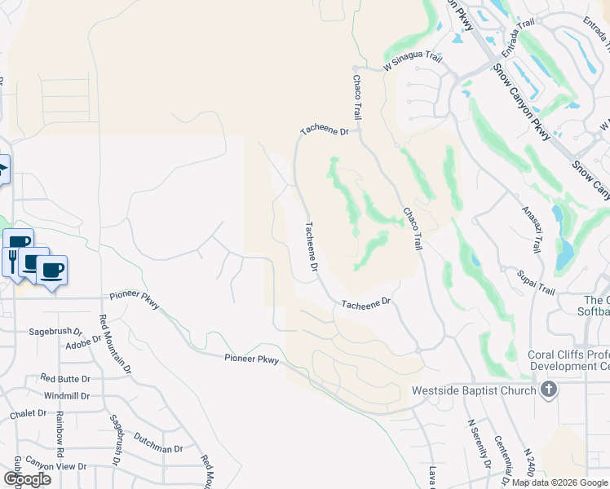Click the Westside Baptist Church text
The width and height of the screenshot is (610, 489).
(x=473, y=390)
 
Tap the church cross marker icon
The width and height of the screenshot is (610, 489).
(x=549, y=390)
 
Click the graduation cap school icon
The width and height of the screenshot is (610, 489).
(x=2, y=170)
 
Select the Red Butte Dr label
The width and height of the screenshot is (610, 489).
(x=65, y=379)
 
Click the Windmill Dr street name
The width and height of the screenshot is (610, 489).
(x=67, y=395)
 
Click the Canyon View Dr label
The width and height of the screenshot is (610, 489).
(x=55, y=466)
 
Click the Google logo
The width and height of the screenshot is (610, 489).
(x=27, y=479)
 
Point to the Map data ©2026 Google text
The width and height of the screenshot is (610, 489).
(x=559, y=482)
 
